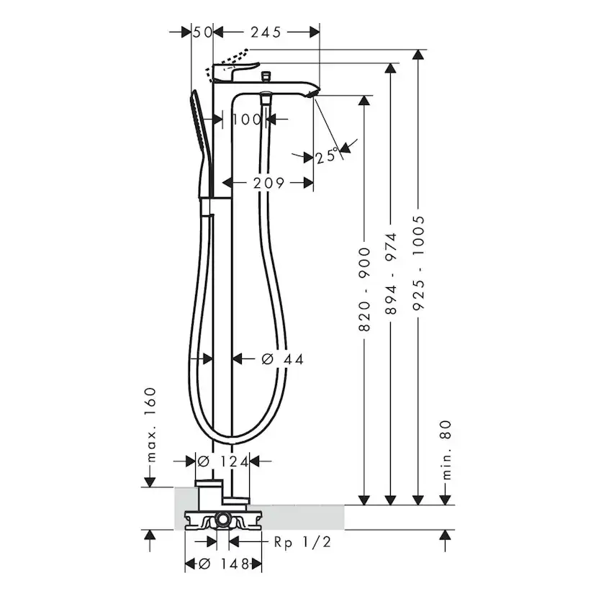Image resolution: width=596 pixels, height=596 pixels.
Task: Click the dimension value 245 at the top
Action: (x=266, y=32)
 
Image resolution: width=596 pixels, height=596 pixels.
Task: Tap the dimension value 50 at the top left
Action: (x=203, y=32)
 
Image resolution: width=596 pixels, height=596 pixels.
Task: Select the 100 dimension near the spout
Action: (x=248, y=119)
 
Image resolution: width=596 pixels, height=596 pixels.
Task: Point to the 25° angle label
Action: (x=327, y=155)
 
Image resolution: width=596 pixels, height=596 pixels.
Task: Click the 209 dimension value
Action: (x=268, y=183)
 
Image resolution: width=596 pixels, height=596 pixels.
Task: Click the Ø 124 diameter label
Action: (x=223, y=461)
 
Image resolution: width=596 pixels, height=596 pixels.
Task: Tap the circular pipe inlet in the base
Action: (x=222, y=519)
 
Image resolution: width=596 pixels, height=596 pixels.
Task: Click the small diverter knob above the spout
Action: (x=267, y=75)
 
